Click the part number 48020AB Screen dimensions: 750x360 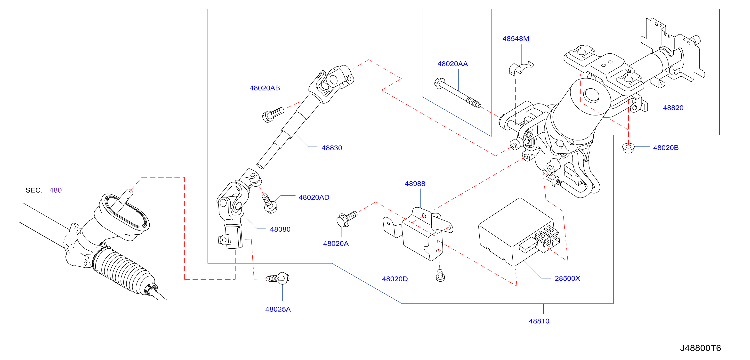[264, 88]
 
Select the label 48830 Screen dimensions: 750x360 [332, 148]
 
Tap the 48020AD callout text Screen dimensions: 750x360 [314, 197]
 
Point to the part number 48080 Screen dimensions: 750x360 [280, 229]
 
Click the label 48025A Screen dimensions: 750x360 [278, 309]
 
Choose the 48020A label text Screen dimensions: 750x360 [336, 244]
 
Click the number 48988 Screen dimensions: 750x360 [415, 184]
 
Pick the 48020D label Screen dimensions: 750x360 [395, 279]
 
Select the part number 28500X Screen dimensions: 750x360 [567, 278]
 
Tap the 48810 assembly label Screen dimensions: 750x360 [539, 321]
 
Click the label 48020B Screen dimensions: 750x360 [666, 148]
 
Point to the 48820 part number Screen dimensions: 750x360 [673, 108]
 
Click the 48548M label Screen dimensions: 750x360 [516, 39]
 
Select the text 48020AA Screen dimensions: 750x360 [452, 64]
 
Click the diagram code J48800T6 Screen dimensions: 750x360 [701, 348]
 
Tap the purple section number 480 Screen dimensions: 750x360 [55, 190]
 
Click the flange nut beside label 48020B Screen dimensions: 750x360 [628, 148]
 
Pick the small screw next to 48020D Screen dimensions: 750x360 [440, 276]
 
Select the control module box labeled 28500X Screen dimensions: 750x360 [519, 232]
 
